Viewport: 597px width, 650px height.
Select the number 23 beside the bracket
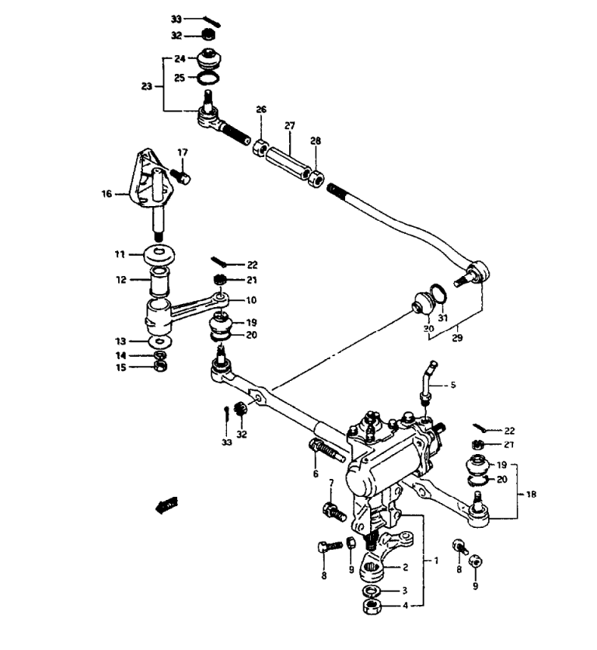pos(147,87)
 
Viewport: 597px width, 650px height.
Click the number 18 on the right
pos(531,493)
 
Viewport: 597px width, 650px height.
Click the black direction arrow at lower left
pos(164,505)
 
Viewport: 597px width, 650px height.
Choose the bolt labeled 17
pos(181,178)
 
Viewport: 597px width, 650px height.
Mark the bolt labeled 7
pos(333,512)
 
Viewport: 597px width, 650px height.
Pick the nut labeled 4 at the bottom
pos(372,605)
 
